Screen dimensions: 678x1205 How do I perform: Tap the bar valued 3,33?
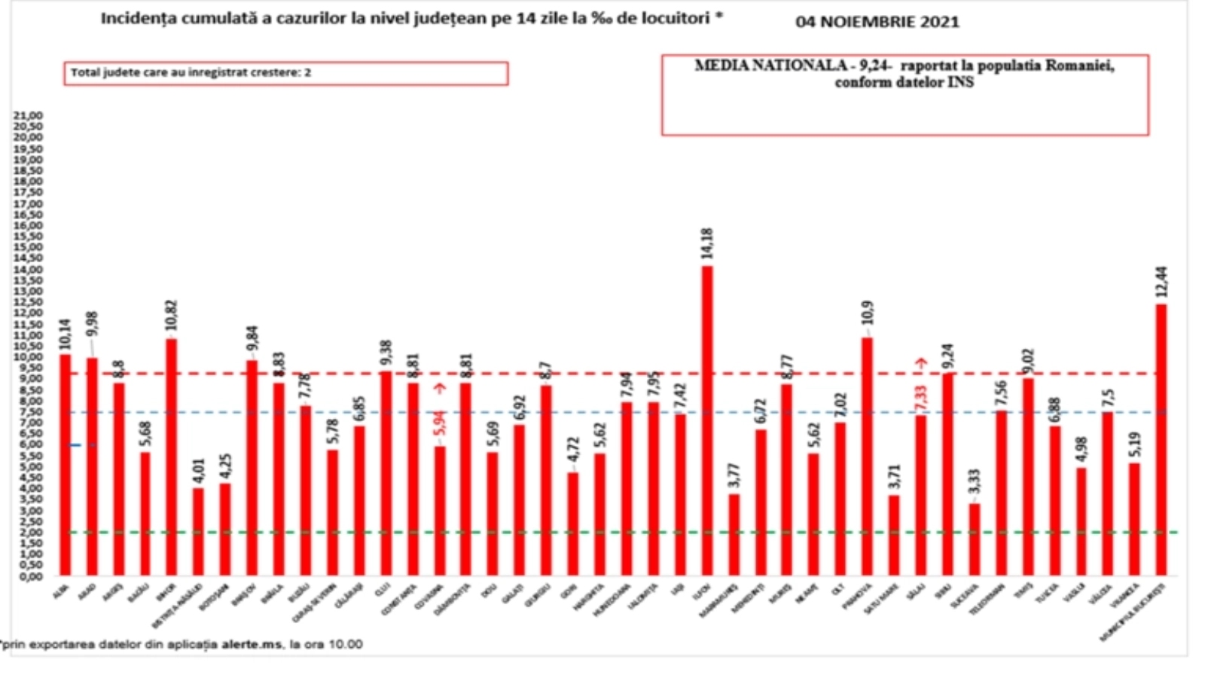974,539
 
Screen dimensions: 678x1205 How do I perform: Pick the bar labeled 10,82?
172,457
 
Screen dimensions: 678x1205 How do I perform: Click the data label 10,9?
868,313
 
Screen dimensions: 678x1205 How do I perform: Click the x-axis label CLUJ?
382,589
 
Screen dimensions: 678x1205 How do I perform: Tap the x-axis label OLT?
837,589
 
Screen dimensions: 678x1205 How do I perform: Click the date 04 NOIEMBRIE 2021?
877,22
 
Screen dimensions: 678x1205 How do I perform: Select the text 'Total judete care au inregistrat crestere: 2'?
191,73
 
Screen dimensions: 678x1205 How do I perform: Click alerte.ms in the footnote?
252,644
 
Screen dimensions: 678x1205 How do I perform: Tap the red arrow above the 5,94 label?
441,389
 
